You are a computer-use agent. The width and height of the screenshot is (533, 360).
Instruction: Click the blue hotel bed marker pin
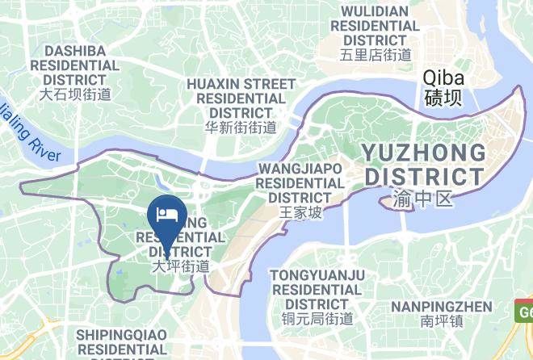coord(166,216)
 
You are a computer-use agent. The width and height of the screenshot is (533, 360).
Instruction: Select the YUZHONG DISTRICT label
coord(424,164)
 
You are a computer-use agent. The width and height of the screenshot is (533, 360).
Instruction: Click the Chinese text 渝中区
coord(423,198)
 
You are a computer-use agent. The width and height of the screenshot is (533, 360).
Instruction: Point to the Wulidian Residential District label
coord(376,26)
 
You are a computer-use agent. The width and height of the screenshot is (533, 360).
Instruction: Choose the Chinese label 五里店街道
coord(376,55)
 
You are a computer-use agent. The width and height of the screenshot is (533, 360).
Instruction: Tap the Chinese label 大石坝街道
coord(75,94)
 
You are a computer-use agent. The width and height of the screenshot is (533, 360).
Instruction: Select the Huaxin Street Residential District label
coord(241,98)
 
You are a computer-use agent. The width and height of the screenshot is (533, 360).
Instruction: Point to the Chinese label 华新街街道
coord(241,127)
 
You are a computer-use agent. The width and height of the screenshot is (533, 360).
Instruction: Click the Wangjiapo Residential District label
coord(300,182)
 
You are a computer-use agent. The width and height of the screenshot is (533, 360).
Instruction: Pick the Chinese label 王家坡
coord(300,212)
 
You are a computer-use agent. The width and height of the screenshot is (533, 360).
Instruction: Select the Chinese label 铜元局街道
coord(317,318)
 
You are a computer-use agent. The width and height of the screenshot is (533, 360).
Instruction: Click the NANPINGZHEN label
coord(441,307)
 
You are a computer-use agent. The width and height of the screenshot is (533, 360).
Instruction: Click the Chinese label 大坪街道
coord(182,266)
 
